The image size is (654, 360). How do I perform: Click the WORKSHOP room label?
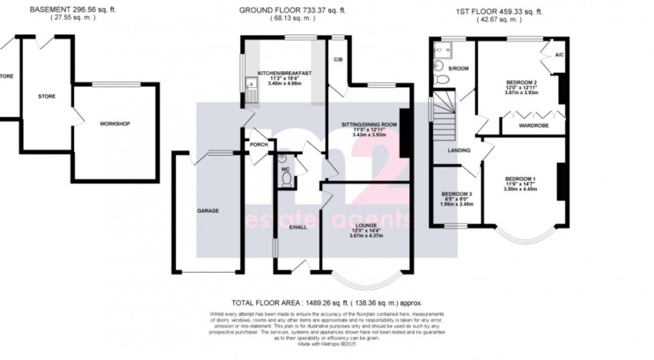[x=115, y=124]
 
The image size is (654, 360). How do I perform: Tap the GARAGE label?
[x=209, y=210]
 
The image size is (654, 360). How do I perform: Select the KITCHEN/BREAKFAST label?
[x=284, y=73]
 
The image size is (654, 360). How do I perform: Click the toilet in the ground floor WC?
[x=285, y=179]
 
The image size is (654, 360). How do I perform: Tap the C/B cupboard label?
[x=337, y=59]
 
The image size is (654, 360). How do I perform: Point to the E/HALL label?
[x=298, y=227]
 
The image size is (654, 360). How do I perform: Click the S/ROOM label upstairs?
[x=458, y=70]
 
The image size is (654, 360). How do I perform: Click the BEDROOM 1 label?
[x=520, y=179]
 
